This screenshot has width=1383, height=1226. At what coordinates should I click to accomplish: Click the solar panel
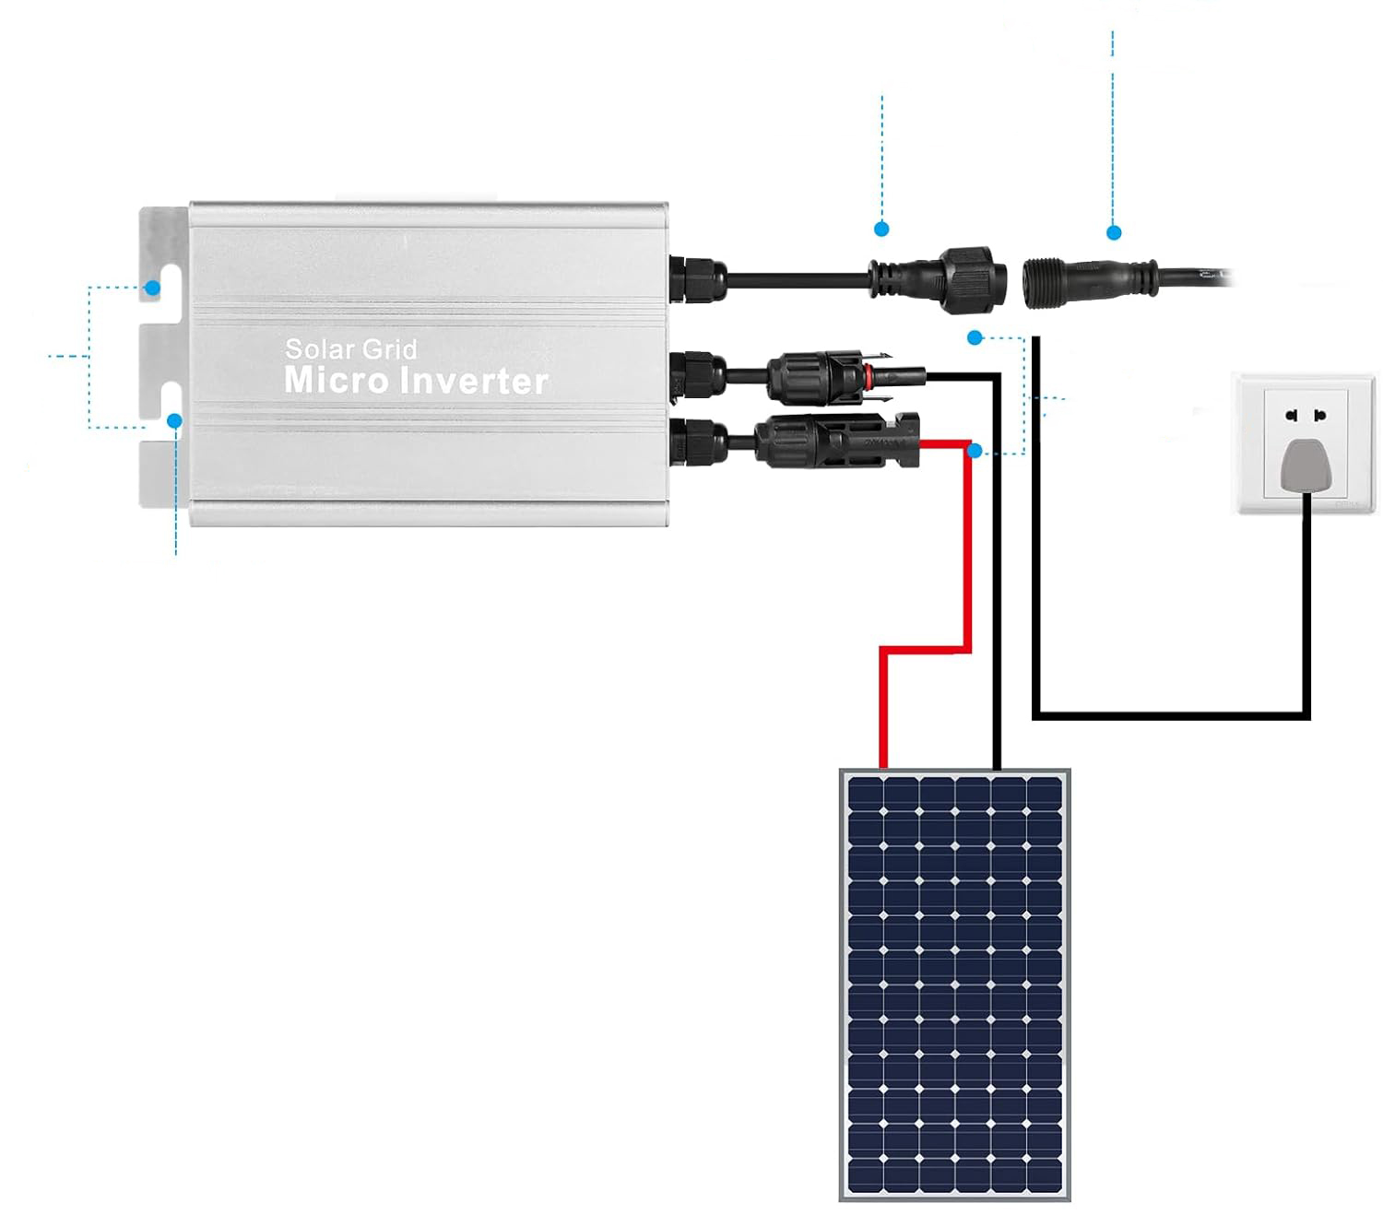point(954,984)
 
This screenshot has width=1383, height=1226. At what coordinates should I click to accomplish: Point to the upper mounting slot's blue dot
point(153,288)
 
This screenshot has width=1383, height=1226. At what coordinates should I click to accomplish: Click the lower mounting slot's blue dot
point(174,421)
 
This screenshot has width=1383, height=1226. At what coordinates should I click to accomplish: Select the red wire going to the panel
point(968,553)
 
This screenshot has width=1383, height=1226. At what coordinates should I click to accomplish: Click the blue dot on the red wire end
point(975,451)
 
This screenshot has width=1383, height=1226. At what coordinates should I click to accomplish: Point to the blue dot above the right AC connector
point(1114,232)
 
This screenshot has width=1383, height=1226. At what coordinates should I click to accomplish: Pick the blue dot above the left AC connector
point(882,228)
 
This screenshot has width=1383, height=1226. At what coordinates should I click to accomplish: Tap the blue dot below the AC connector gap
point(975,338)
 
